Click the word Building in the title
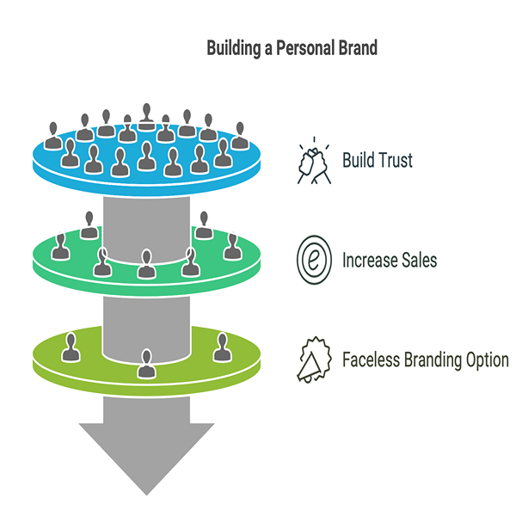[x=234, y=48]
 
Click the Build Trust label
[x=378, y=160]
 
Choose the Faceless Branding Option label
[x=425, y=359]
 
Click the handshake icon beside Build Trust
[x=313, y=161]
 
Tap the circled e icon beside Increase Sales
[x=313, y=259]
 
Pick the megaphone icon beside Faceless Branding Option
[x=313, y=359]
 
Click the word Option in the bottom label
[x=484, y=359]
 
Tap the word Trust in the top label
[x=395, y=160]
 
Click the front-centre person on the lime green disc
[x=146, y=364]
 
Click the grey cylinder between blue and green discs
[x=146, y=219]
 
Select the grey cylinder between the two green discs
[x=146, y=318]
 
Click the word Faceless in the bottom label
[x=372, y=359]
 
